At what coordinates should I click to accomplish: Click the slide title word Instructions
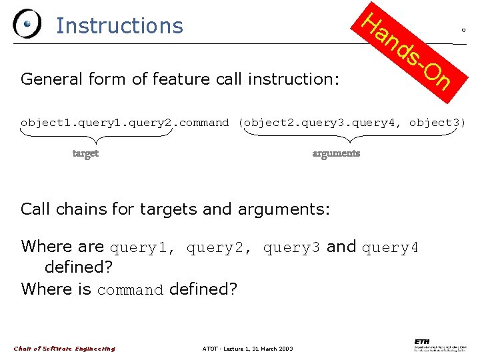pyautogui.click(x=119, y=25)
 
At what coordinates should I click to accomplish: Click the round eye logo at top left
pyautogui.click(x=27, y=25)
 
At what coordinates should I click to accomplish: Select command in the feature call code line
pyautogui.click(x=203, y=123)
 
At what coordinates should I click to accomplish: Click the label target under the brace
pyautogui.click(x=85, y=153)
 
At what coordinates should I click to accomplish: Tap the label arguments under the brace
pyautogui.click(x=336, y=153)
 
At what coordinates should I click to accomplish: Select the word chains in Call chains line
pyautogui.click(x=81, y=209)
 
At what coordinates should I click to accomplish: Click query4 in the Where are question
pyautogui.click(x=390, y=248)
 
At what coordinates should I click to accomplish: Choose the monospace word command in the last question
pyautogui.click(x=130, y=290)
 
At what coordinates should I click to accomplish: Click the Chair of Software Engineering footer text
pyautogui.click(x=65, y=348)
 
